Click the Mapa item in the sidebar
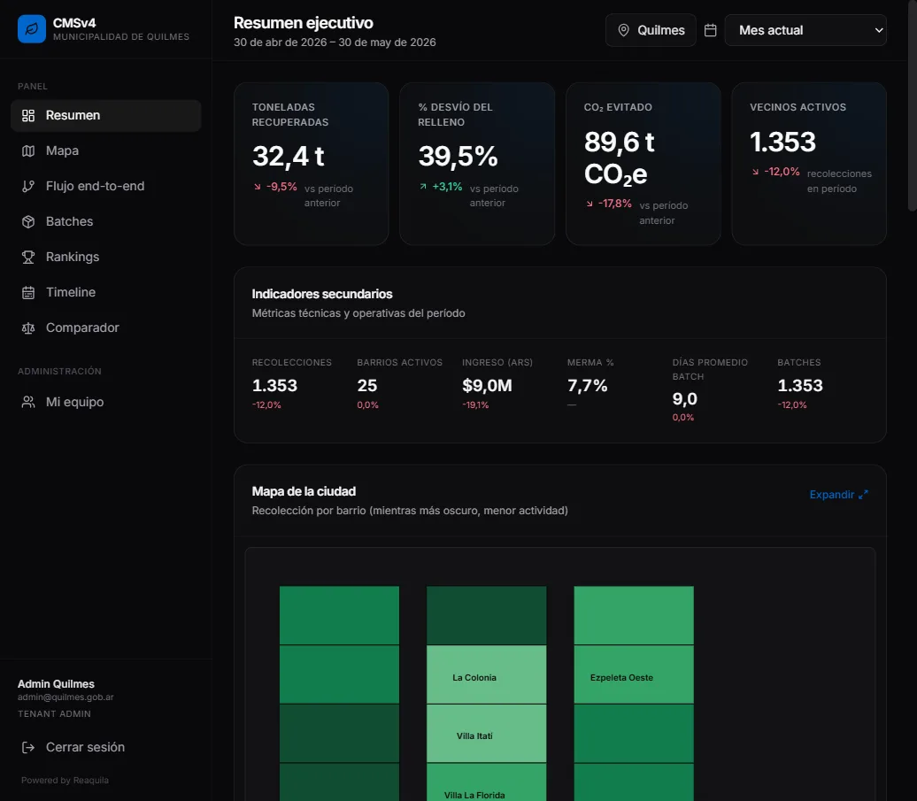62,150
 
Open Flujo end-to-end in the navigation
95,186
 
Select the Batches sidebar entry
69,221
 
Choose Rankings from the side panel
73,257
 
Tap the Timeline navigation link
70,292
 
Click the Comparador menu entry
81,328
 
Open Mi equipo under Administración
74,402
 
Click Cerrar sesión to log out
85,747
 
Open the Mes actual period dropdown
805,30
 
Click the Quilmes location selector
651,30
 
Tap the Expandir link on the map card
838,495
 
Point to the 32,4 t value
288,156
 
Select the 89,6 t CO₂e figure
619,158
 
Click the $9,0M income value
487,386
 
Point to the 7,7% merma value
587,386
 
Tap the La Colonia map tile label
474,678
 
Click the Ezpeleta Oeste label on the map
621,678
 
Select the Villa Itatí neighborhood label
474,736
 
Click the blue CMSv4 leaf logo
32,28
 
